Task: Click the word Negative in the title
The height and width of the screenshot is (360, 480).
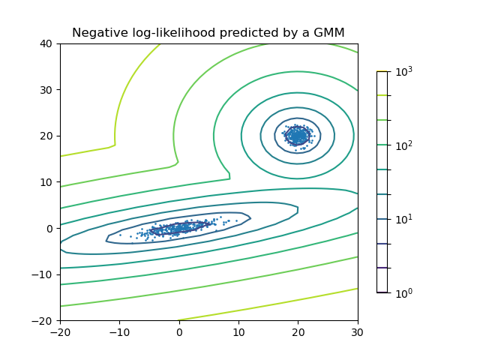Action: click(98, 32)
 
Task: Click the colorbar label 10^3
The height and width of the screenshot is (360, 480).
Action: click(404, 71)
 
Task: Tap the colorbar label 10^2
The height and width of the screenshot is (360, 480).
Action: click(404, 145)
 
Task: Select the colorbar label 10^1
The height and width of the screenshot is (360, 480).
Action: click(404, 219)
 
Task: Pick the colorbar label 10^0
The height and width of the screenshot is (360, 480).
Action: click(404, 292)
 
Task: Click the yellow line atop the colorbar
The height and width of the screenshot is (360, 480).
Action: click(382, 71)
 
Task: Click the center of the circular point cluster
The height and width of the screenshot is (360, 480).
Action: click(298, 136)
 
